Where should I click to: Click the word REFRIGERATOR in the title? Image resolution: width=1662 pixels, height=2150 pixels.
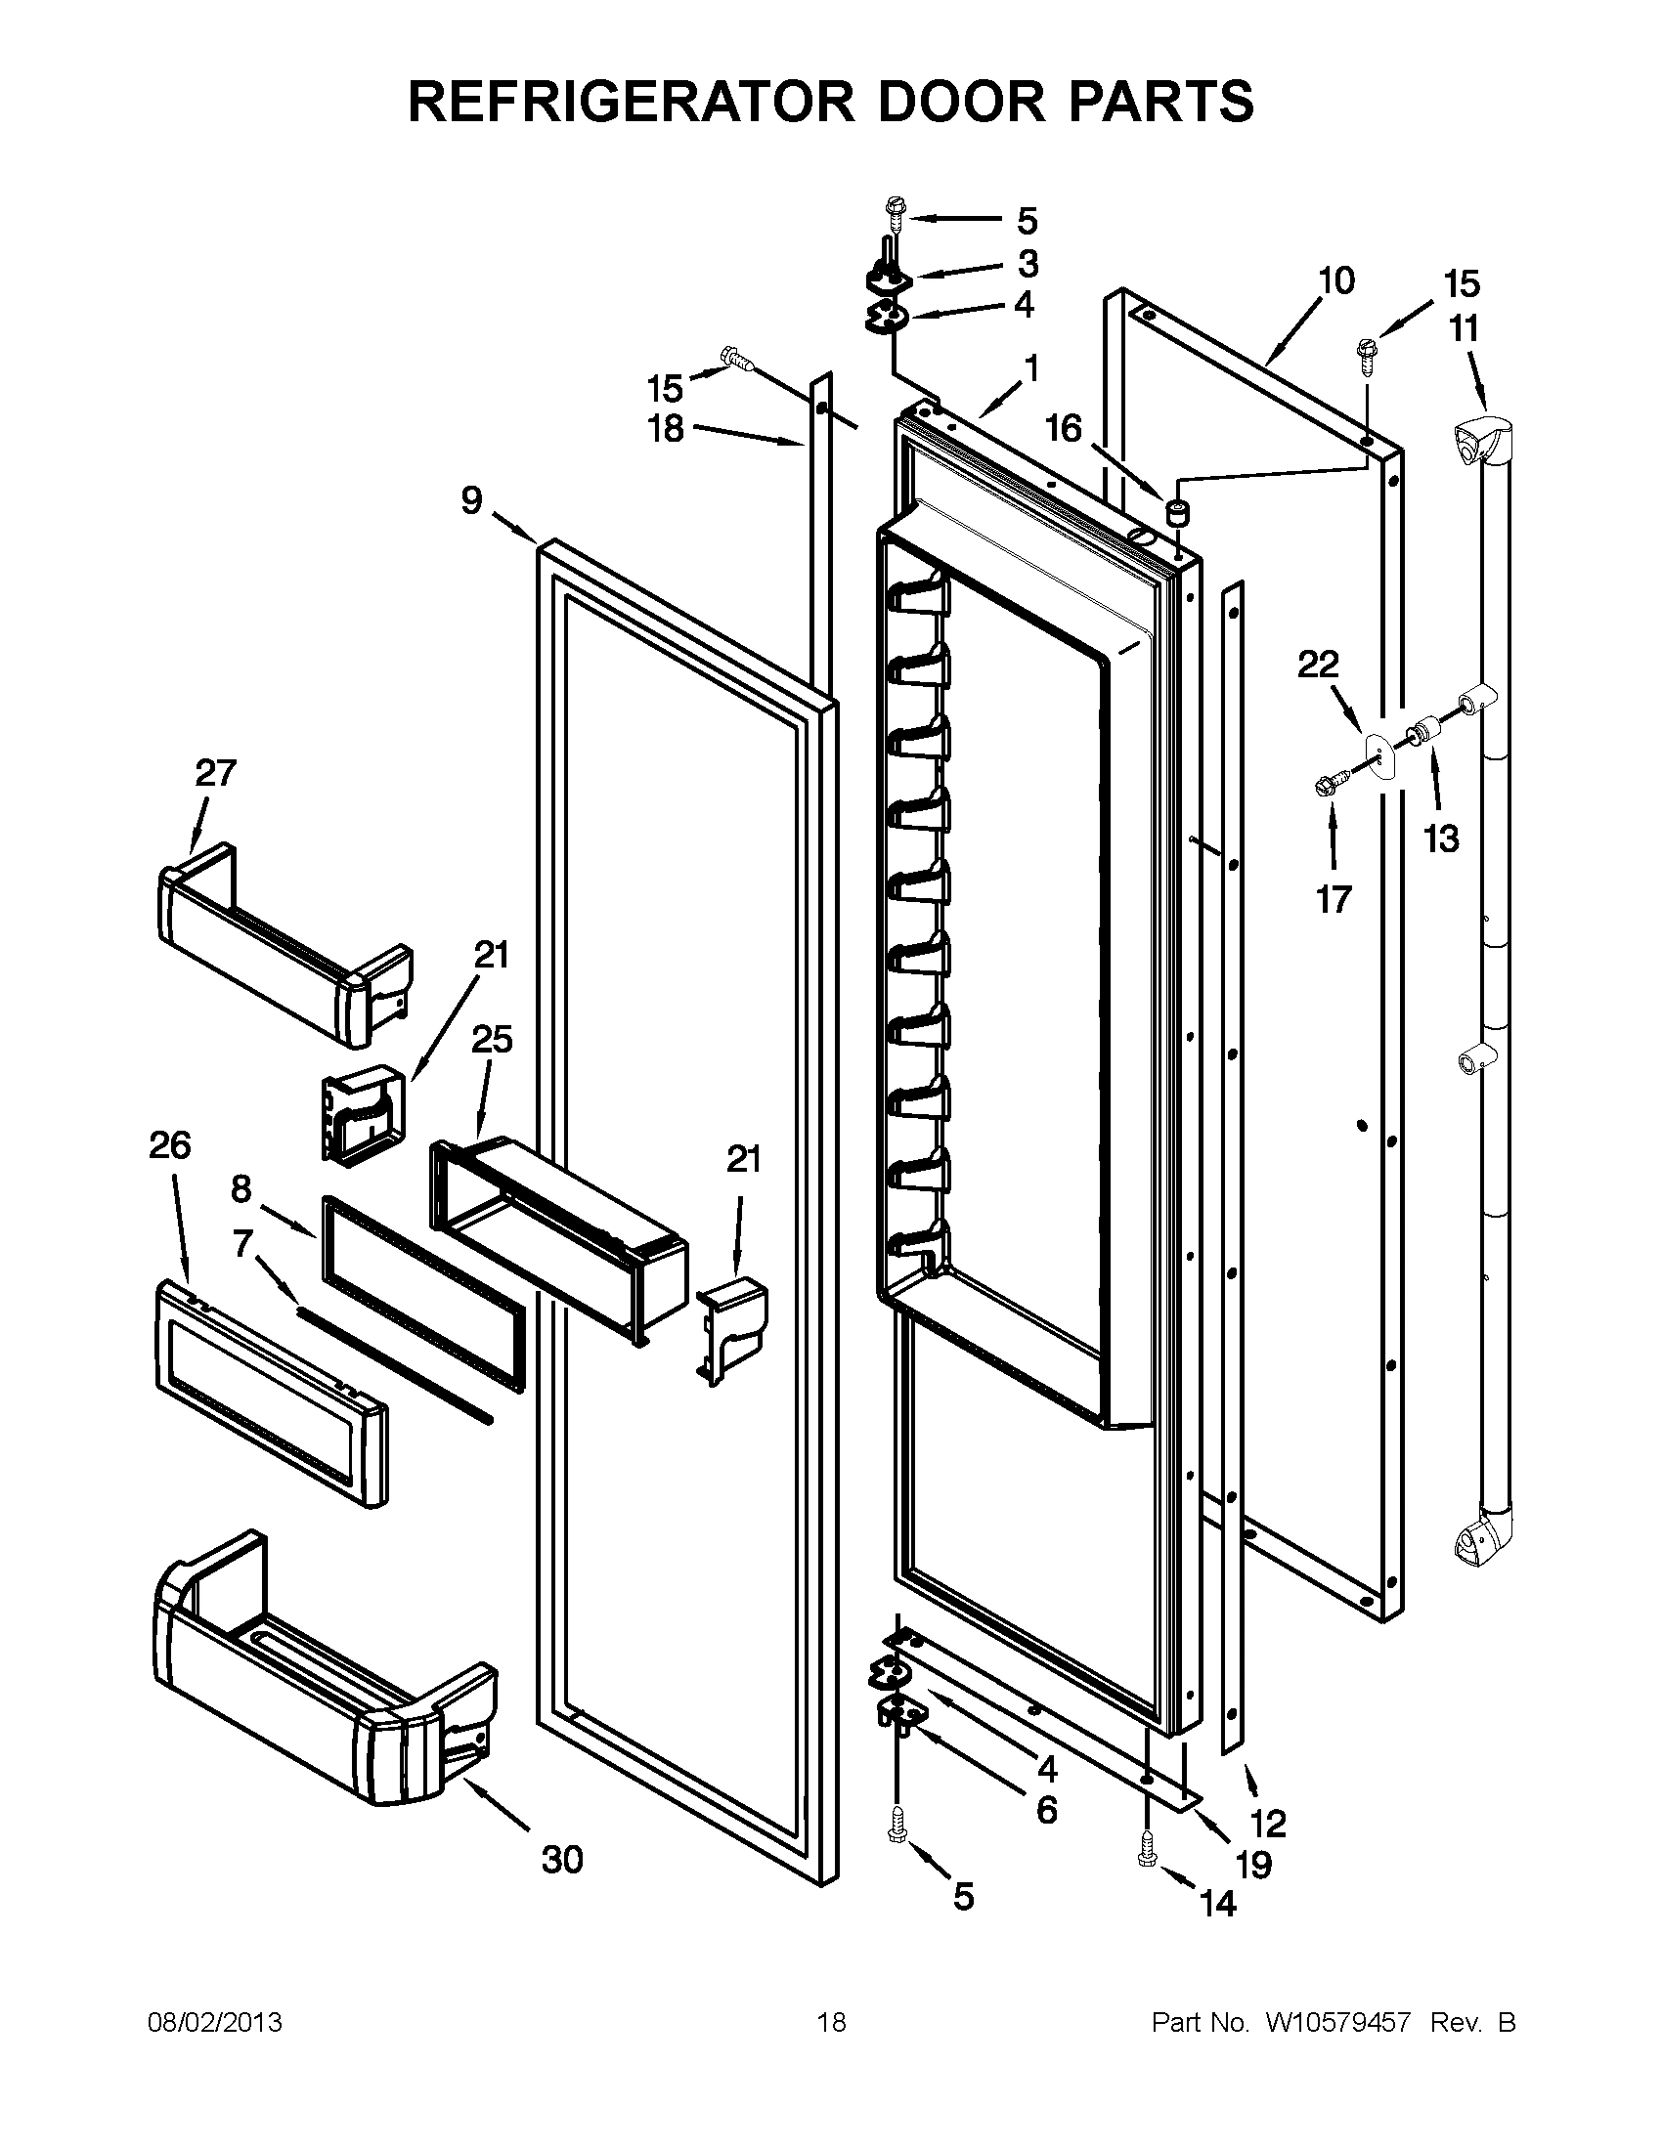(631, 102)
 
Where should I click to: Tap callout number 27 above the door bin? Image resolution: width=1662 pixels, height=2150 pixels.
(216, 773)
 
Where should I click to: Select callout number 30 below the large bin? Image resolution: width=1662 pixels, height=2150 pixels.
(562, 1860)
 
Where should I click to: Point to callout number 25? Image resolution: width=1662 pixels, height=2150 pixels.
(493, 1040)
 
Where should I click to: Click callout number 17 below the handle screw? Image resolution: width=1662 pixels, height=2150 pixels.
(1334, 899)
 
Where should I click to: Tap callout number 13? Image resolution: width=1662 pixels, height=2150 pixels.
(1441, 839)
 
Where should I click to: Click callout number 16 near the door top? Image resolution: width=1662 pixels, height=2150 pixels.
(1064, 428)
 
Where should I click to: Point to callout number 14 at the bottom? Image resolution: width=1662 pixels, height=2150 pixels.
(1218, 1904)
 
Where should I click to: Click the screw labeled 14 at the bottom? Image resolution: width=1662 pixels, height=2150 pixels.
(1147, 1849)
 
